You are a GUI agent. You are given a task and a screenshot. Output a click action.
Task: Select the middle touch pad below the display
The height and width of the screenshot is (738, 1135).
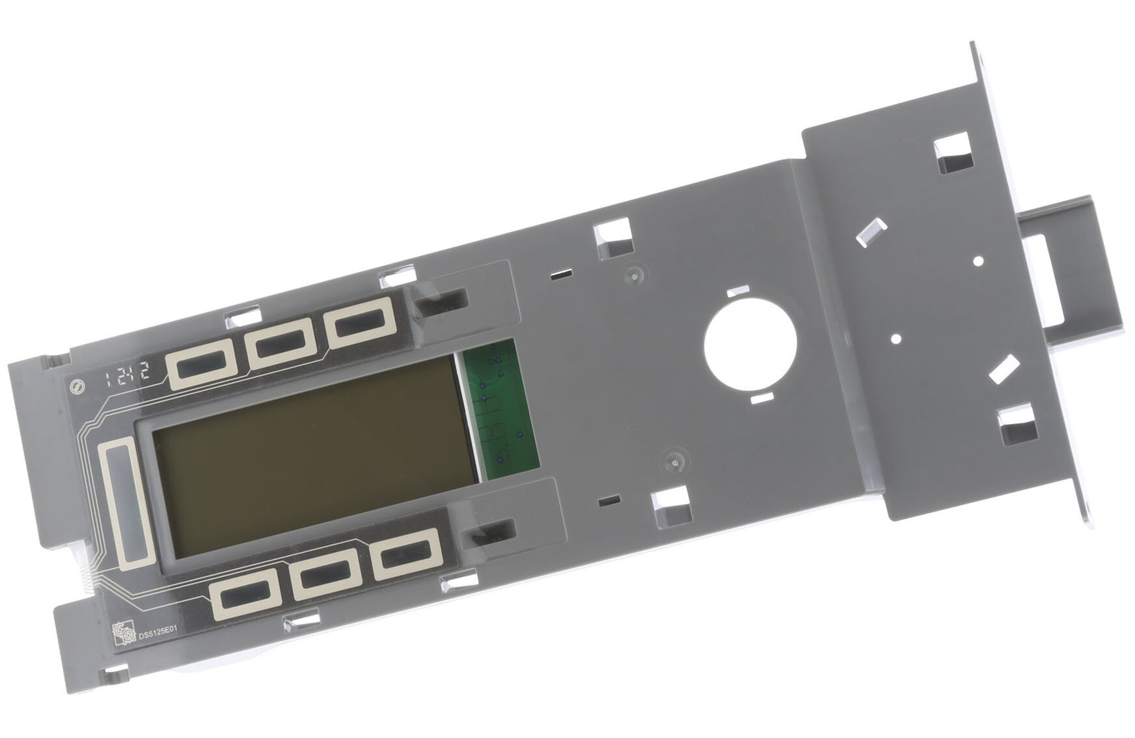click(325, 573)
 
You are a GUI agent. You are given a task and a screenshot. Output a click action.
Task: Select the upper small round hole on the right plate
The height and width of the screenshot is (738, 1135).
click(978, 261)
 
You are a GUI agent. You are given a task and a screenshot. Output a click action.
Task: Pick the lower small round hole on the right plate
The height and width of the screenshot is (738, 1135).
click(896, 339)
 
